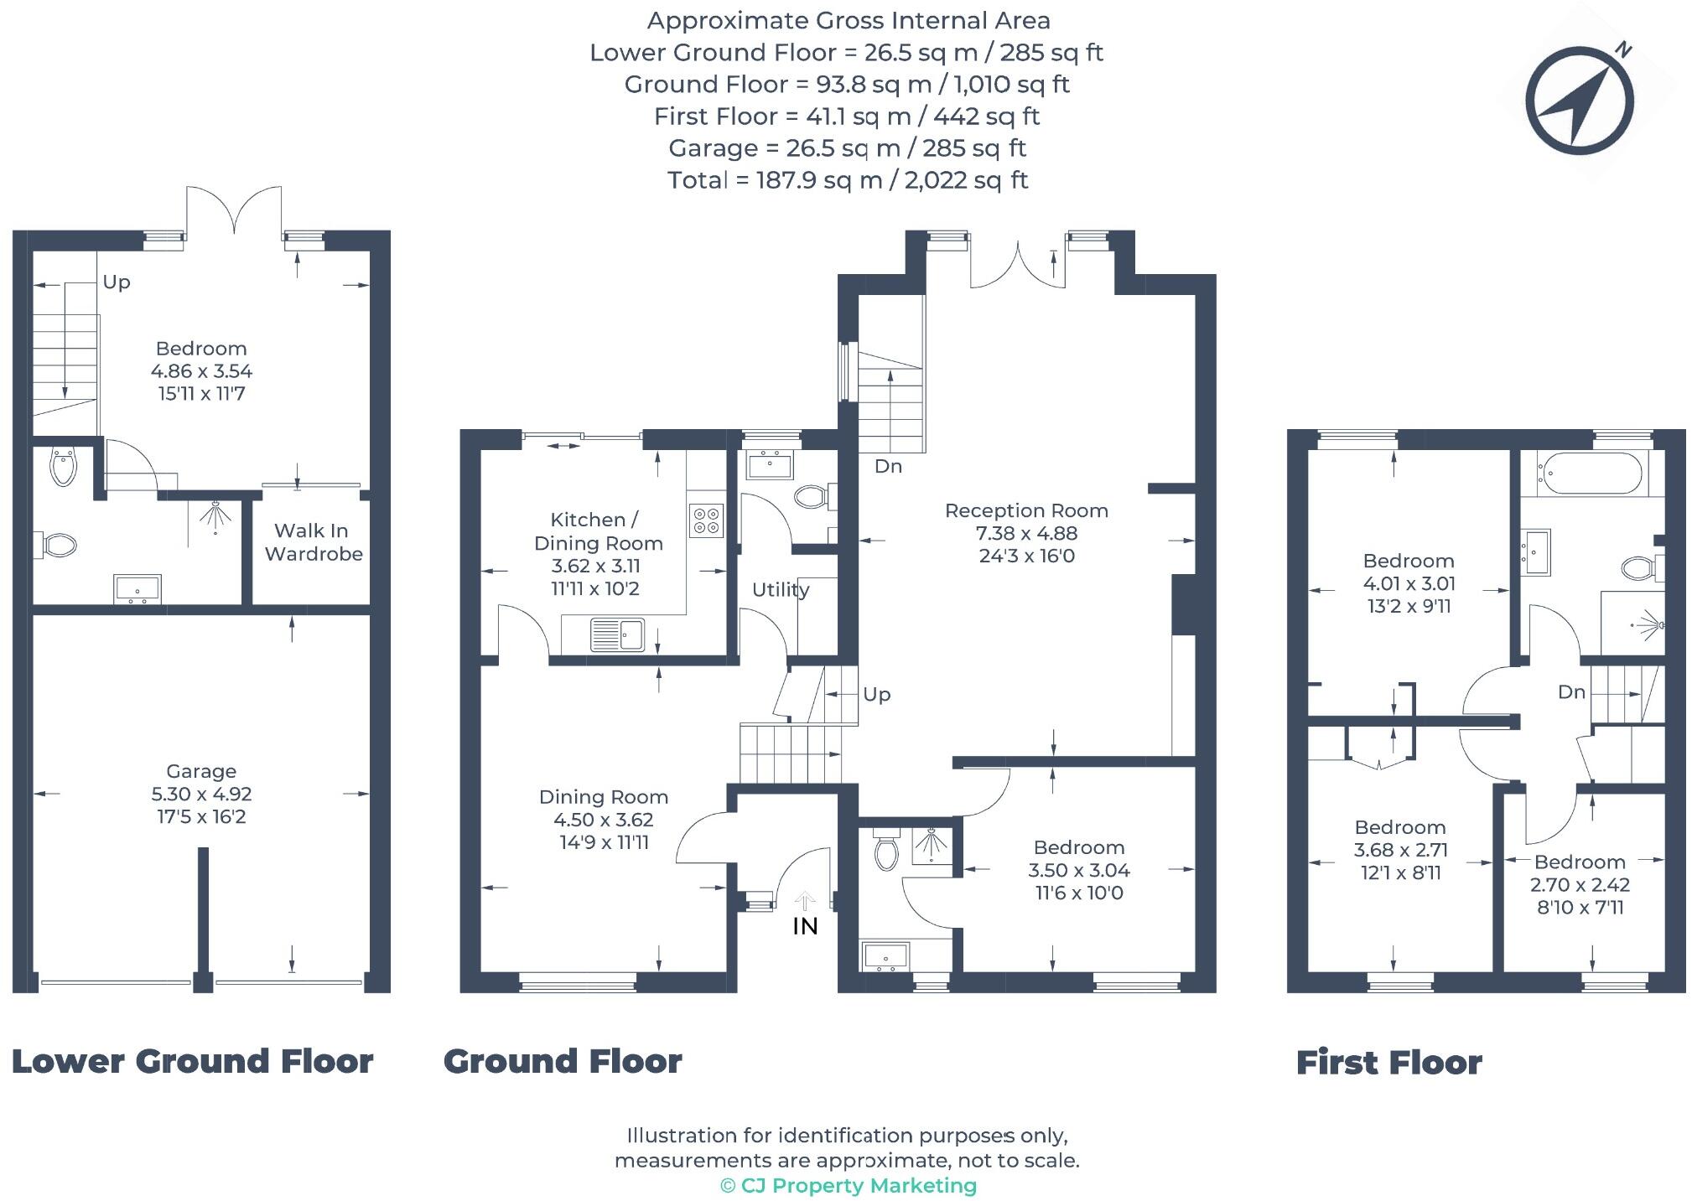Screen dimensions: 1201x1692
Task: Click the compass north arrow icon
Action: click(x=1579, y=101)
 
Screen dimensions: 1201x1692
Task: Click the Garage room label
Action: click(x=201, y=771)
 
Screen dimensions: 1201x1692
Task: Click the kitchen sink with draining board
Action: click(x=616, y=634)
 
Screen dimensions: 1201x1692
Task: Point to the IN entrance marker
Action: click(x=805, y=925)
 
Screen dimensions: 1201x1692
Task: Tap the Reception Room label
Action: click(x=1026, y=510)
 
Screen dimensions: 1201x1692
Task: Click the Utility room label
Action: click(x=780, y=589)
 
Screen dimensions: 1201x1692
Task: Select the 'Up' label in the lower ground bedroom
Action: click(x=117, y=282)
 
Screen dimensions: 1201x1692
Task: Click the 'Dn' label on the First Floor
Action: click(x=1571, y=691)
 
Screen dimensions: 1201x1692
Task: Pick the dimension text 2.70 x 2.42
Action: click(x=1580, y=885)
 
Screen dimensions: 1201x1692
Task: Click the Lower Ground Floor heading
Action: click(x=192, y=1061)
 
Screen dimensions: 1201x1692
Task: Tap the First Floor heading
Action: click(x=1388, y=1063)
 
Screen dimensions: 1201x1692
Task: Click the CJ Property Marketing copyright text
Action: click(x=848, y=1186)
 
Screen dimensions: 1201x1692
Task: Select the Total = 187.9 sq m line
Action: click(x=847, y=180)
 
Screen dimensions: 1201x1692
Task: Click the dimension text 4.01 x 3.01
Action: click(x=1409, y=583)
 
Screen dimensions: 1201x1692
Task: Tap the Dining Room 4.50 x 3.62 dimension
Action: click(x=603, y=820)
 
